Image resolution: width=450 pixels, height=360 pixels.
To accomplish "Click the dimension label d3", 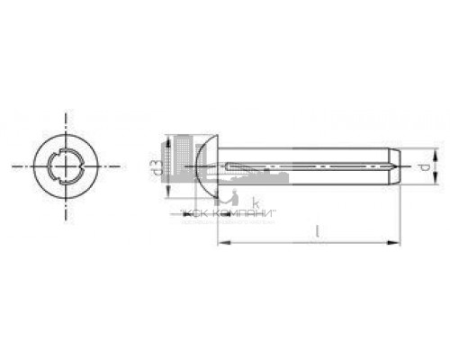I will pyautogui.click(x=156, y=167).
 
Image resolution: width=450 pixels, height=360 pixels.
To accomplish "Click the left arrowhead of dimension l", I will pyautogui.click(x=222, y=242).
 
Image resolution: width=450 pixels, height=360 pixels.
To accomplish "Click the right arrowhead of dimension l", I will pyautogui.click(x=397, y=242).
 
